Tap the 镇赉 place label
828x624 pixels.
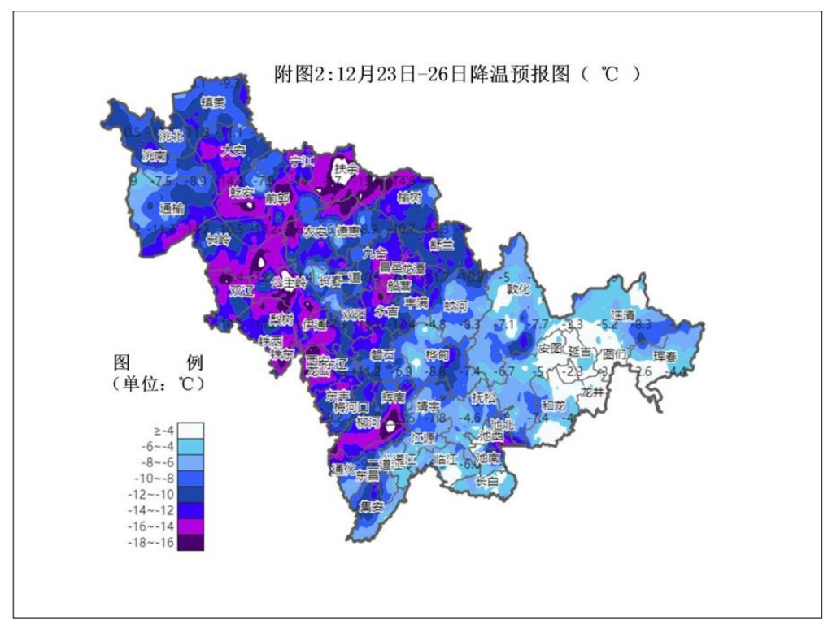click(213, 102)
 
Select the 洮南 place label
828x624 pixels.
click(154, 154)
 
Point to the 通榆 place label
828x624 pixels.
click(172, 208)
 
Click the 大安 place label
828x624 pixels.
click(233, 150)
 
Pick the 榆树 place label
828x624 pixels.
click(409, 197)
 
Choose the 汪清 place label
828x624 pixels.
click(624, 314)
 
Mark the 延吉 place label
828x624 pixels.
click(580, 352)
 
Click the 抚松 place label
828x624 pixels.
click(483, 398)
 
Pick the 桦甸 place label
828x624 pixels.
click(437, 356)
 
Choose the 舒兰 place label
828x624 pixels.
click(441, 244)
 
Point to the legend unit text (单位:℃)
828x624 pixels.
click(159, 382)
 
